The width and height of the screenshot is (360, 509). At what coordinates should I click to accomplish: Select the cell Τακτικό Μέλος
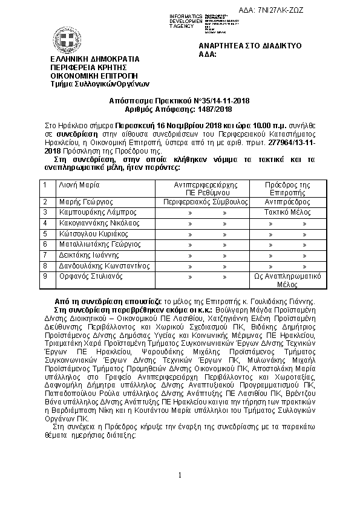(x=288, y=213)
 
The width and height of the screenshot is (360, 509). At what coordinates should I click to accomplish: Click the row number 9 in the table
(x=45, y=276)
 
